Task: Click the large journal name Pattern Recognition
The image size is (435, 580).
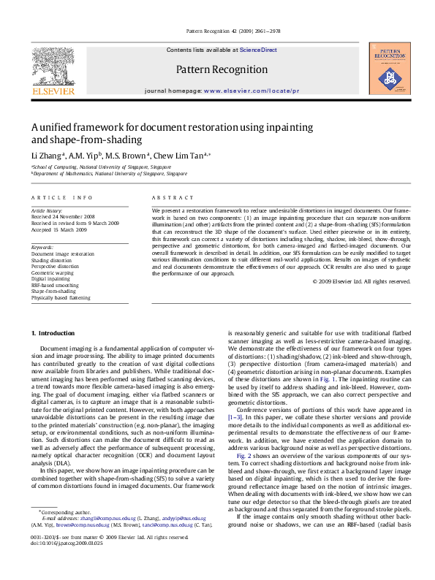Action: click(x=222, y=69)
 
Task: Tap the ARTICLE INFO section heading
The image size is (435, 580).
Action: click(x=61, y=198)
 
